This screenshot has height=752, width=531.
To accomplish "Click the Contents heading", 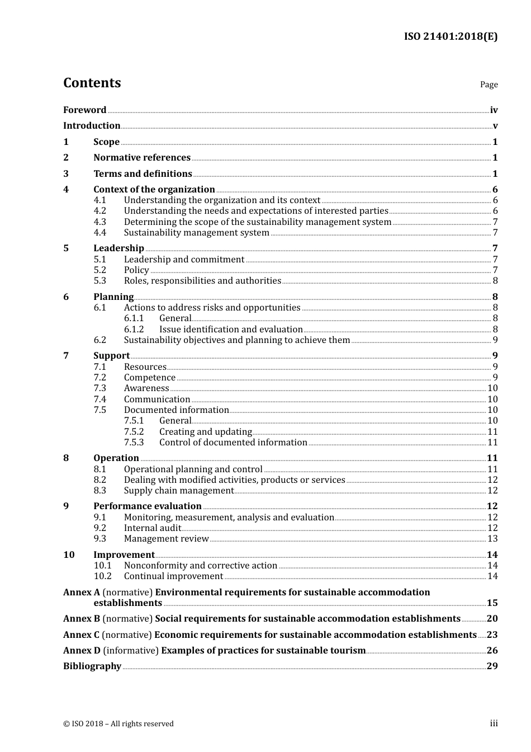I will click(x=92, y=83).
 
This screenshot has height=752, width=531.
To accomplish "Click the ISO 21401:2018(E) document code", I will click(x=451, y=36).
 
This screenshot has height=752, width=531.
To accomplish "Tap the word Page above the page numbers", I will click(x=489, y=84).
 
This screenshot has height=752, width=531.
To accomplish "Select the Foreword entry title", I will click(x=84, y=110).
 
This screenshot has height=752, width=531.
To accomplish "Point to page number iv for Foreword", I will click(x=494, y=110).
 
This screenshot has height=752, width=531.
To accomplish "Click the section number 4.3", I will click(x=99, y=222).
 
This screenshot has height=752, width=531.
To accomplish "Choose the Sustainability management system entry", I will click(x=196, y=233).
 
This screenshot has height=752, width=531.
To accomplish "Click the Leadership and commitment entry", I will click(x=184, y=260).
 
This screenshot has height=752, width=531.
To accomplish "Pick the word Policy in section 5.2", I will click(x=136, y=270).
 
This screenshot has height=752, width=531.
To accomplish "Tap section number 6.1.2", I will click(x=134, y=330).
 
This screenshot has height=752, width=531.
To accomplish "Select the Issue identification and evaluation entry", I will click(x=231, y=330).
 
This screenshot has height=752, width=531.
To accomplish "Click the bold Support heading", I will click(x=111, y=356).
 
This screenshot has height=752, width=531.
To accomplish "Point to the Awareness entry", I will click(x=146, y=388).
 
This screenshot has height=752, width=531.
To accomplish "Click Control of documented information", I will click(x=233, y=443).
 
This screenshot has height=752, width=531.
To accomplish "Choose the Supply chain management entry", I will click(x=178, y=491).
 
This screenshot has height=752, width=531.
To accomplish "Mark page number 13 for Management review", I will click(x=492, y=539).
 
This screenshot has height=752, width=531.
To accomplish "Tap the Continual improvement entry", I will click(x=173, y=576).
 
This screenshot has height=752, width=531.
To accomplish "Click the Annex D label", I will click(x=82, y=651).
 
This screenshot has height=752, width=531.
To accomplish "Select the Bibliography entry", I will click(x=92, y=666).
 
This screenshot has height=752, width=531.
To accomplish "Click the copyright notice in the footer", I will click(x=118, y=724).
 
